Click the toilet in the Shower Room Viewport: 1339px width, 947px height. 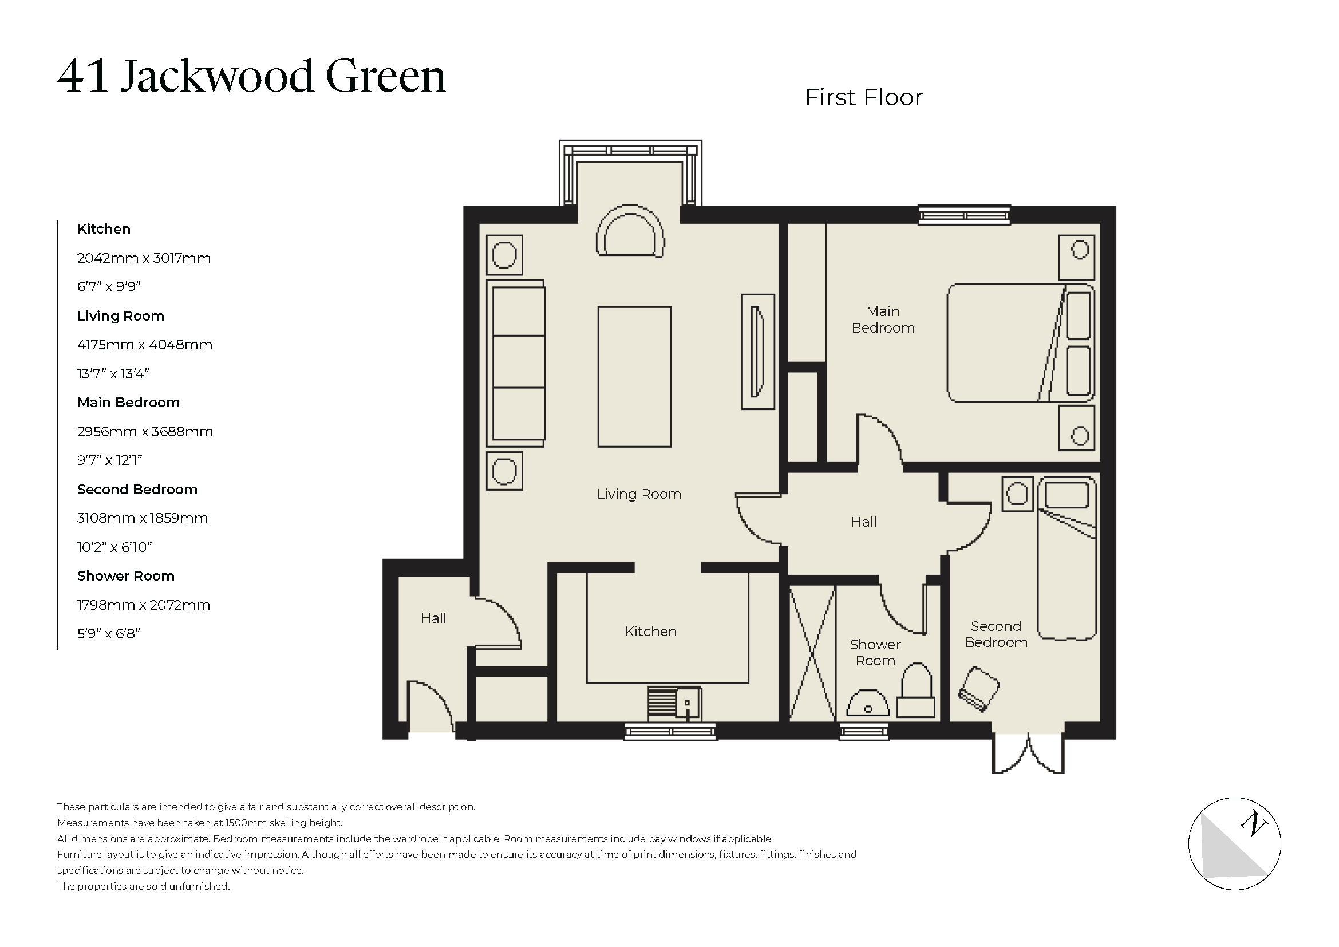(916, 693)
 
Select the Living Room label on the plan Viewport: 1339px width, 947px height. (639, 494)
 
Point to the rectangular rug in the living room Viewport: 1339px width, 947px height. (634, 377)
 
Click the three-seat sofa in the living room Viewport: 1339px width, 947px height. (516, 362)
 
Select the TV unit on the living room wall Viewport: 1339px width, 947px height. (757, 352)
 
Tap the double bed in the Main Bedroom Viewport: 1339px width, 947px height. (1020, 343)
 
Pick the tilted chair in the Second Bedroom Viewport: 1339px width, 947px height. (979, 689)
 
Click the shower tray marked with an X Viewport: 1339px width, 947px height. (812, 653)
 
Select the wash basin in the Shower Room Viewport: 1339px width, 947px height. (868, 704)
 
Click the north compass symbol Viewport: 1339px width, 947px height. (1235, 844)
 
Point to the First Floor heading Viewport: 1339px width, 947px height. (864, 97)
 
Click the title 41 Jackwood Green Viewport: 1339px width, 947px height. (251, 76)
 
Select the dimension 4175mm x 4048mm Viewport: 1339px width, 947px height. (145, 345)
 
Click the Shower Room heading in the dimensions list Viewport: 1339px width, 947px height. (125, 576)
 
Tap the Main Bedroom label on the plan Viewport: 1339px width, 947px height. (883, 319)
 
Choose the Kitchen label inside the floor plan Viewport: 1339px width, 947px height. (650, 632)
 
